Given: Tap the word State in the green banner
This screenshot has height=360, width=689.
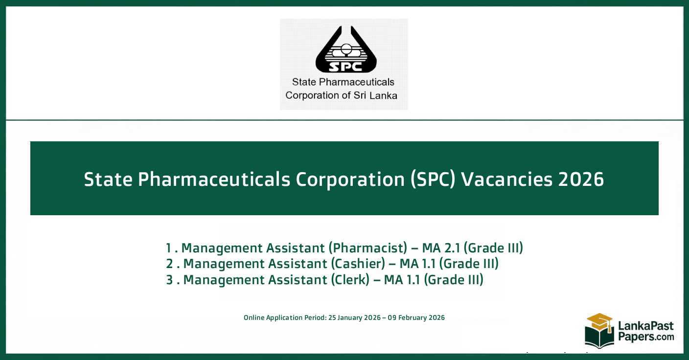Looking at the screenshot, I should click(108, 180).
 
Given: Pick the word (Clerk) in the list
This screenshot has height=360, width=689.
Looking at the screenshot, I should click(350, 280).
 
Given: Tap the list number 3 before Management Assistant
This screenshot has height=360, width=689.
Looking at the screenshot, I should click(169, 280).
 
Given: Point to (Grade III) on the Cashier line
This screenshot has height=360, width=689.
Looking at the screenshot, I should click(468, 264).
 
